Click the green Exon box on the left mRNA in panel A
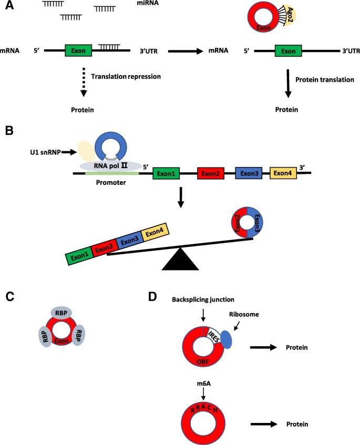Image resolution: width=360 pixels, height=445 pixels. point(78,51)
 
